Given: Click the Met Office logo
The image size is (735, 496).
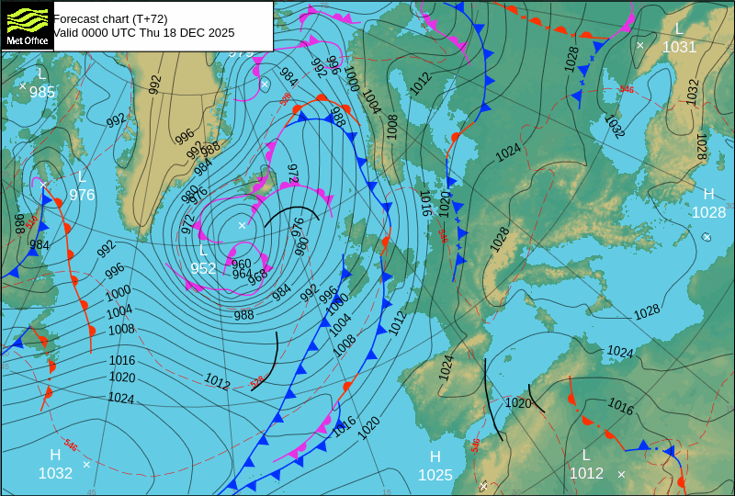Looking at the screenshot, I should coord(27,25).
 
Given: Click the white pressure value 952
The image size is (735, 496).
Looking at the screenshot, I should coord(203,268).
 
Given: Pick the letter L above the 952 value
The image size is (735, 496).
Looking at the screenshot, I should coord(203,251).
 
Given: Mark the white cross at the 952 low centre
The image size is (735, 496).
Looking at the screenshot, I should coord(243,225).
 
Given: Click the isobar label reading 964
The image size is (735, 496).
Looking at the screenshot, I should coord(242,274).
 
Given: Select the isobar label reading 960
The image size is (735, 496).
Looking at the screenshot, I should coord(241,264).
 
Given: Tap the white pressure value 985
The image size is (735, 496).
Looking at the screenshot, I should coord(41,92).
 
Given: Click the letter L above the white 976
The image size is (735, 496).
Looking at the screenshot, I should coord(81,177).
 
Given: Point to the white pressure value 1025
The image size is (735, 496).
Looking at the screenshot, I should coord(435,475).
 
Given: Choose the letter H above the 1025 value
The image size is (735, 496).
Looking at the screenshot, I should coord(435,457).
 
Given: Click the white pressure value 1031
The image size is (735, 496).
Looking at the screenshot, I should coord(679,47).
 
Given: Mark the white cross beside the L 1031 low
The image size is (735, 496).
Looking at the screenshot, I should coord(640,45).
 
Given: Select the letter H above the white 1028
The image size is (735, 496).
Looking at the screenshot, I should coord(708,195).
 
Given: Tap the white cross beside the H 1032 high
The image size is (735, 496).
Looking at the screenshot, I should coord(86,464).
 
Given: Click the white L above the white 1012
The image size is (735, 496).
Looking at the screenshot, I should coord(586,456).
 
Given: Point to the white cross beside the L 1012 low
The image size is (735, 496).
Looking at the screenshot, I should coord(621,474).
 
